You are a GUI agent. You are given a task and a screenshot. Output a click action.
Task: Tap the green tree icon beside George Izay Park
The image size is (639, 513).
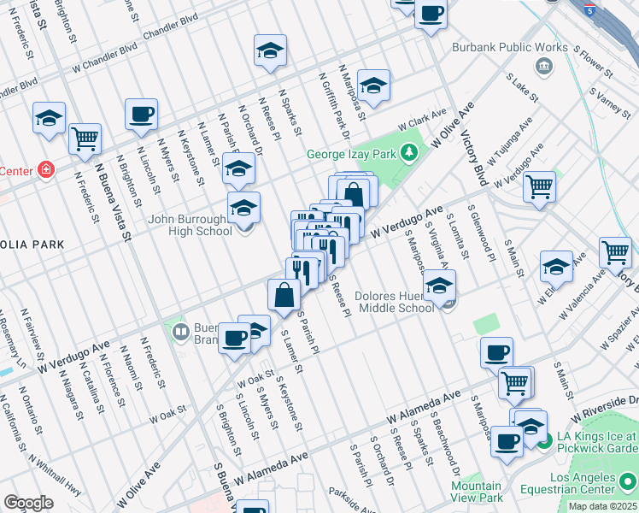(x=410, y=153)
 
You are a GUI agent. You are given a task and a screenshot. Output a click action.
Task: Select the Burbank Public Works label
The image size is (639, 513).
(x=509, y=48)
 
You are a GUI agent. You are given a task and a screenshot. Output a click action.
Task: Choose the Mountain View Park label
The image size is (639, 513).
(x=476, y=491)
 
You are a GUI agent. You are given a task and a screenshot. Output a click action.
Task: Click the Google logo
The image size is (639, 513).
(x=28, y=502)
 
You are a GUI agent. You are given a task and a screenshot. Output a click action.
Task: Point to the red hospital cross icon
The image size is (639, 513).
(x=45, y=169)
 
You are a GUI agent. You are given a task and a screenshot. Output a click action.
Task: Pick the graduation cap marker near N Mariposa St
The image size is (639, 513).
(x=373, y=84)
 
